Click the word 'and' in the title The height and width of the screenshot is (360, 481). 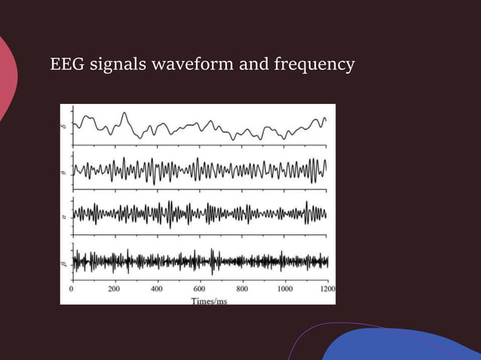(252, 66)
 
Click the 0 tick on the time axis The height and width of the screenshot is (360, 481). (72, 288)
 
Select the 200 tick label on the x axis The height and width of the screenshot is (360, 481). (115, 288)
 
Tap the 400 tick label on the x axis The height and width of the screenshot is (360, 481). (158, 288)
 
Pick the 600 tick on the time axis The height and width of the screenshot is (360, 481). (200, 288)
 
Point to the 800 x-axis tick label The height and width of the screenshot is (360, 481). (243, 288)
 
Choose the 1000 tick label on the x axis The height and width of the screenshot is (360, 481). (285, 288)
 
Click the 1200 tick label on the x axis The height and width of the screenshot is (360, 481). (326, 288)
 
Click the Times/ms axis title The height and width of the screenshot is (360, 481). (209, 300)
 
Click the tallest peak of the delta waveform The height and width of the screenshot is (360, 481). (125, 114)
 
